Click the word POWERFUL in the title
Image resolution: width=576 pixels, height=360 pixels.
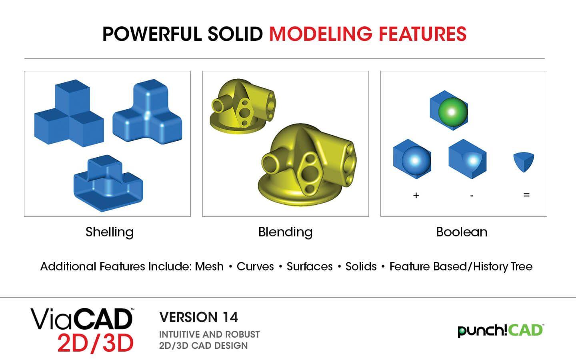pyautogui.click(x=152, y=34)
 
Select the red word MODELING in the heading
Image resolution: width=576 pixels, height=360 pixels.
pyautogui.click(x=321, y=34)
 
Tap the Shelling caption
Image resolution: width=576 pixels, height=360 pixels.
pyautogui.click(x=110, y=232)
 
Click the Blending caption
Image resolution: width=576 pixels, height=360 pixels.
pyautogui.click(x=286, y=232)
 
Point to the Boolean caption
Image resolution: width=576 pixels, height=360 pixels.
pyautogui.click(x=462, y=232)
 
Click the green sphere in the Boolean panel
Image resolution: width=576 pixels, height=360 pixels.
pyautogui.click(x=452, y=112)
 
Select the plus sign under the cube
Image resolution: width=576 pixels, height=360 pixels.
pyautogui.click(x=416, y=196)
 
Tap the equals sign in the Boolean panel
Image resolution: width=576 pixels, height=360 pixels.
pyautogui.click(x=526, y=195)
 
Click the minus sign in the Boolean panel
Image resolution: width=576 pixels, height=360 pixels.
pyautogui.click(x=472, y=196)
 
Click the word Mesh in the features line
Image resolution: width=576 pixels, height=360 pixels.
pyautogui.click(x=209, y=266)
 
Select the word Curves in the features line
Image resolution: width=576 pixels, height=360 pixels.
pyautogui.click(x=255, y=266)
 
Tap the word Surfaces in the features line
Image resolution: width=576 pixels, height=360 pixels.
pyautogui.click(x=310, y=266)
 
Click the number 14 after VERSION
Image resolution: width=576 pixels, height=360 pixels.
pyautogui.click(x=230, y=317)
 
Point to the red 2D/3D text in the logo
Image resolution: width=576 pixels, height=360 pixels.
pyautogui.click(x=95, y=343)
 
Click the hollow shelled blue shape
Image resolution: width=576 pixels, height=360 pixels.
pyautogui.click(x=108, y=183)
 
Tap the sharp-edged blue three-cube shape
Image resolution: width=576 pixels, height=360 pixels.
pyautogui.click(x=69, y=113)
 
